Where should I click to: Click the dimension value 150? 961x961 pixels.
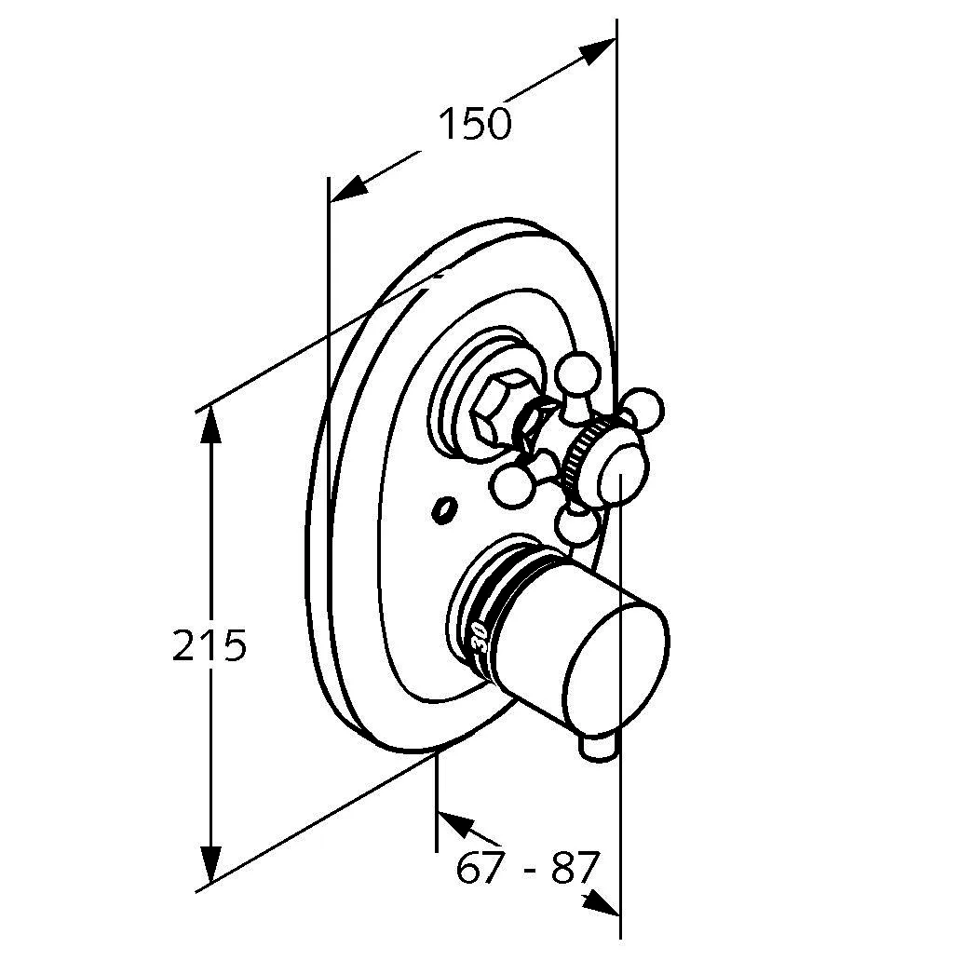point(474,123)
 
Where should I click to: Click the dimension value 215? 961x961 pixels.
point(210,644)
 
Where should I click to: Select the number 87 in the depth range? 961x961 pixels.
point(574,867)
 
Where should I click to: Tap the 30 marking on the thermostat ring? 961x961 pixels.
point(480,637)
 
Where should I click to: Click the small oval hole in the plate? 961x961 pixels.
point(443,510)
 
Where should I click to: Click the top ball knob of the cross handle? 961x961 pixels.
point(577,373)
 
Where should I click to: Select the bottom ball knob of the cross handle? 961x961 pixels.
point(576,527)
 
